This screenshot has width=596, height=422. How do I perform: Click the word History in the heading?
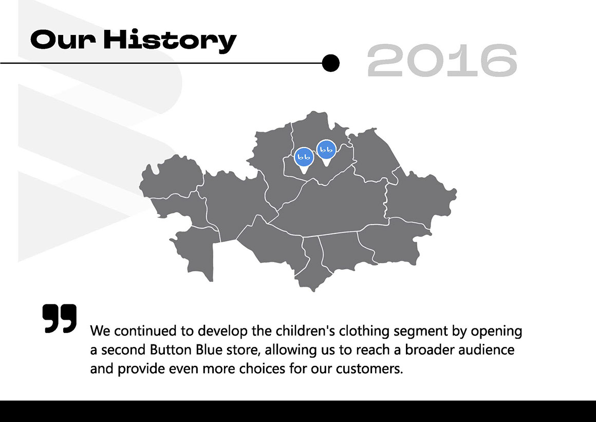tap(170, 40)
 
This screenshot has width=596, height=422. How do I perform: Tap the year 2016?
tap(442, 61)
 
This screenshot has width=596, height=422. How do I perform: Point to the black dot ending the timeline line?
tap(330, 63)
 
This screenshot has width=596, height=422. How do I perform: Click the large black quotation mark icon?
tap(60, 319)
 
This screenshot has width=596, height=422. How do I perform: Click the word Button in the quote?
tap(171, 350)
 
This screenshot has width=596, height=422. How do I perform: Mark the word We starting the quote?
tap(100, 331)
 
